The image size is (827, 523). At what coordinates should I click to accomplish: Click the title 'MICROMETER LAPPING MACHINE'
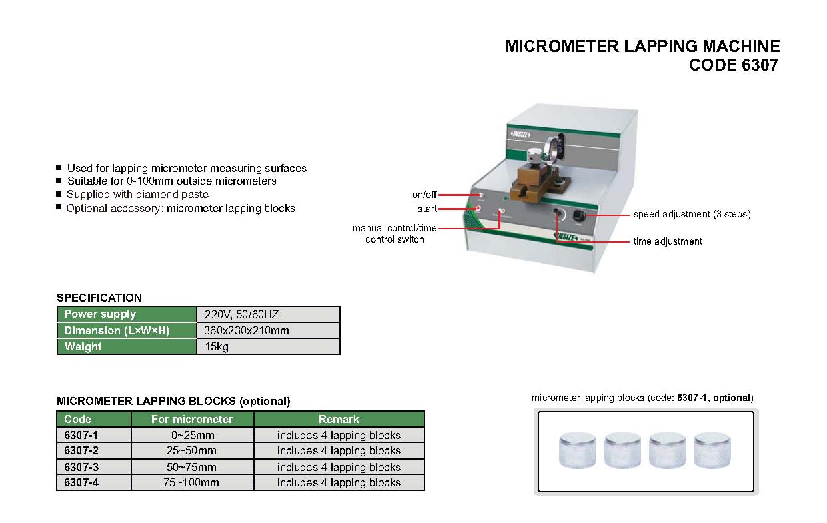pyautogui.click(x=642, y=46)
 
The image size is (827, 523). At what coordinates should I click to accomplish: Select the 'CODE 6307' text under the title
pyautogui.click(x=734, y=65)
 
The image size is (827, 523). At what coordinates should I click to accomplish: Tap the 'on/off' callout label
pyautogui.click(x=424, y=195)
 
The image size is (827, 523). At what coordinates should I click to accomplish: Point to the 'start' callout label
pyautogui.click(x=427, y=209)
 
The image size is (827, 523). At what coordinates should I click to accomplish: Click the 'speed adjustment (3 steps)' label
pyautogui.click(x=692, y=214)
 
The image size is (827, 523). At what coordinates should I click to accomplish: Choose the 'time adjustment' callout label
pyautogui.click(x=667, y=241)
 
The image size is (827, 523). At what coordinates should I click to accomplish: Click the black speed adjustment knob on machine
pyautogui.click(x=578, y=216)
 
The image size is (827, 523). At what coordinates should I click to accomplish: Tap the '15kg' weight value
pyautogui.click(x=217, y=346)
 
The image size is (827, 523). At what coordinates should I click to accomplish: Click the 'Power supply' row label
pyautogui.click(x=100, y=314)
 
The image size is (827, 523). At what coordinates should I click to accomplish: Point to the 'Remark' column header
pyautogui.click(x=339, y=419)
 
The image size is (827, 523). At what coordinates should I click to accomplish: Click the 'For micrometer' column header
pyautogui.click(x=192, y=419)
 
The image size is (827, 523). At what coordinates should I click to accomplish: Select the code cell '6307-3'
pyautogui.click(x=81, y=467)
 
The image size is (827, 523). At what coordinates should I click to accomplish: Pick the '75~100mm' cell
pyautogui.click(x=192, y=483)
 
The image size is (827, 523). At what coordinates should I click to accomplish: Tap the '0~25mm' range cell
pyautogui.click(x=192, y=435)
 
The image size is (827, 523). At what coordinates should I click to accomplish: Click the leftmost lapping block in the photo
pyautogui.click(x=578, y=451)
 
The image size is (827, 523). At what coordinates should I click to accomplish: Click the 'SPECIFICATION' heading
pyautogui.click(x=99, y=298)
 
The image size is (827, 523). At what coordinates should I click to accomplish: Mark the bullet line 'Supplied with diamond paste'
pyautogui.click(x=137, y=195)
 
